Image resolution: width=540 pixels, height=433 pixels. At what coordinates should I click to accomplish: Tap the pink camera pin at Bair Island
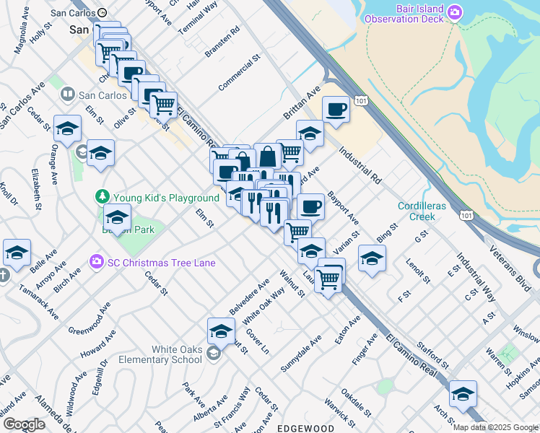coord(454,12)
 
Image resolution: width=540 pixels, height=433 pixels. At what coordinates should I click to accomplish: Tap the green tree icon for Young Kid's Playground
coord(103,197)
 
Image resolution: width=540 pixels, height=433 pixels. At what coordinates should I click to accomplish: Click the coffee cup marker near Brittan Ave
coord(336,110)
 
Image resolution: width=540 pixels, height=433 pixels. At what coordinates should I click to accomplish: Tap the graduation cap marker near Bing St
coord(372,258)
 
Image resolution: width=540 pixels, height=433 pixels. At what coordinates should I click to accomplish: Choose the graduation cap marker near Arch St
coord(463,394)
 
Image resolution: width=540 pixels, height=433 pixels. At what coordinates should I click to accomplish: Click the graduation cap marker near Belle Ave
coord(17,253)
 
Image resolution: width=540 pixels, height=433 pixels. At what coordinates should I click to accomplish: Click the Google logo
coord(24,424)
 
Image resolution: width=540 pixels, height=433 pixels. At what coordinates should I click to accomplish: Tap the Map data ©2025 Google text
coord(495,427)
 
